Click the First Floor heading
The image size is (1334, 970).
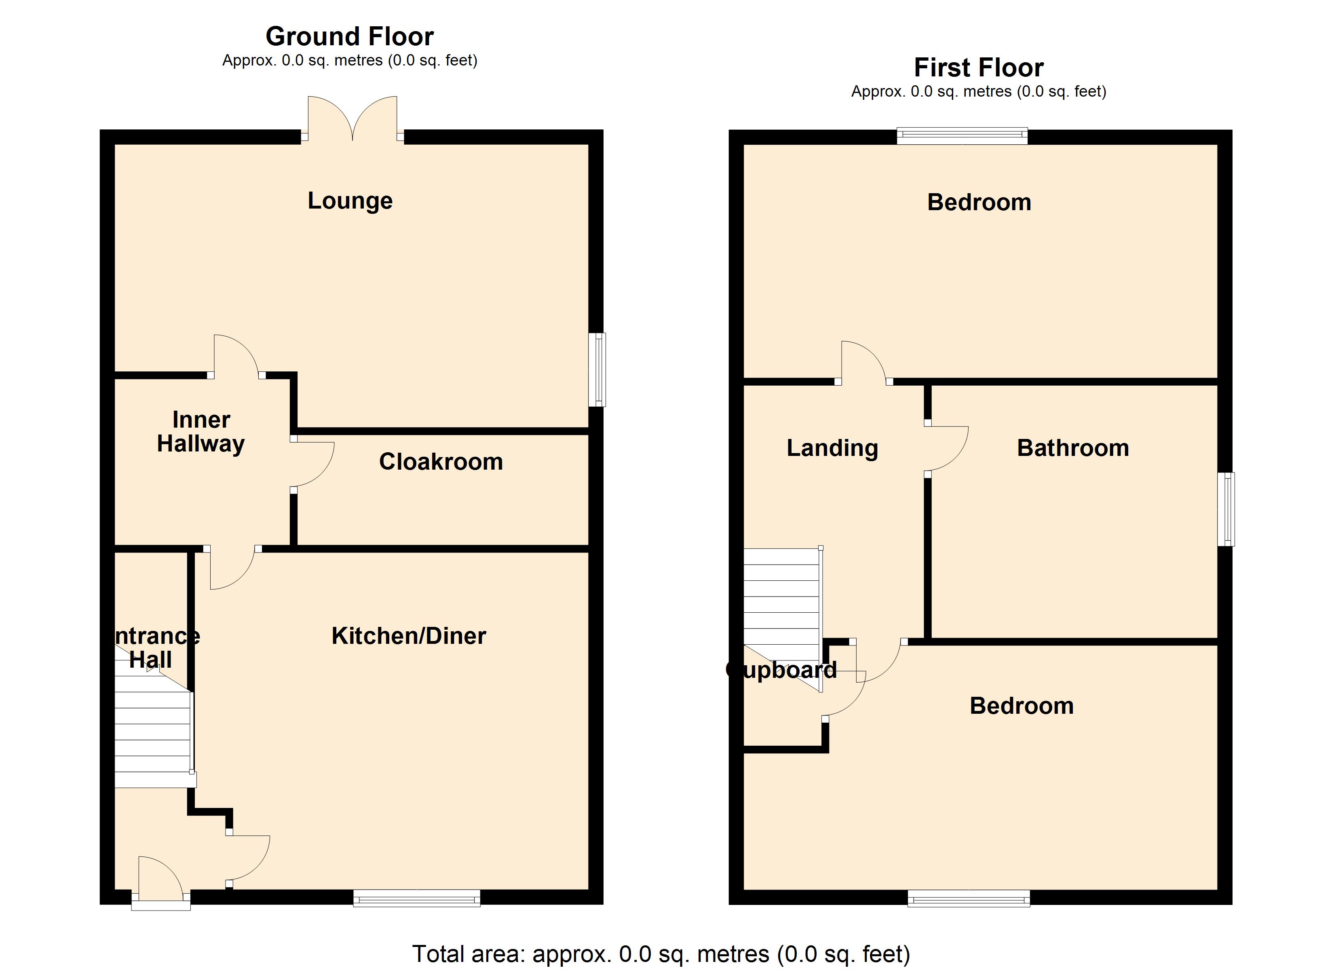point(978,67)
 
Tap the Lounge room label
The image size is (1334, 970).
point(350,200)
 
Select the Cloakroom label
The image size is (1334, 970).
point(441,462)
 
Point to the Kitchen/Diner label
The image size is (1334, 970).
point(409,636)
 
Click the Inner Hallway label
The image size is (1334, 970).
point(201,432)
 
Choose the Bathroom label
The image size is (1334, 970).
point(1073,448)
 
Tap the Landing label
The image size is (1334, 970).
point(832,448)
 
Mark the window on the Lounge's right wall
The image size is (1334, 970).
point(597,370)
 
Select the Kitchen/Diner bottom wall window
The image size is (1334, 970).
point(416,898)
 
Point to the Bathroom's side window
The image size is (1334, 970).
point(1226,509)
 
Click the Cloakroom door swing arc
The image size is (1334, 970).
point(315,465)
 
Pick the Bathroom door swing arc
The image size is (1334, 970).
point(948,449)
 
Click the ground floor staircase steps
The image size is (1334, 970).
point(152,732)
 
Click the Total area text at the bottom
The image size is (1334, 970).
point(661,953)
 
